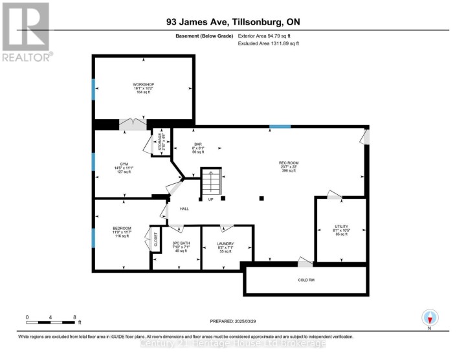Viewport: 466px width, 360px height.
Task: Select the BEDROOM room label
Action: [x=122, y=228]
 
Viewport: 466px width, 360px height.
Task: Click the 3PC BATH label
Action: [x=176, y=243]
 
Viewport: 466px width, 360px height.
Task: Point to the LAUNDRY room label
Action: [x=225, y=243]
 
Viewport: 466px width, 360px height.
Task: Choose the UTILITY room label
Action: [x=341, y=227]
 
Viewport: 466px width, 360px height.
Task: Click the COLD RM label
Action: [x=305, y=280]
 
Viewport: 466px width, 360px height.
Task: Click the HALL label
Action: [x=184, y=208]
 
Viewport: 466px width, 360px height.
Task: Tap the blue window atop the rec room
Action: [x=280, y=126]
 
